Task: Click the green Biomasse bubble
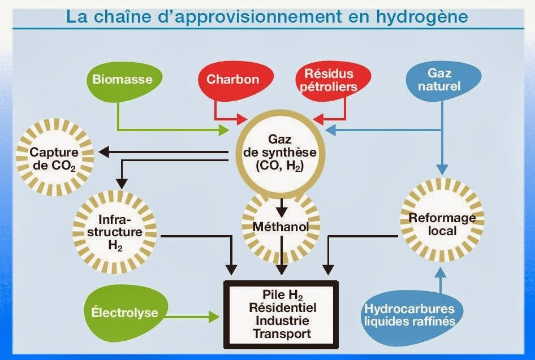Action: (x=122, y=80)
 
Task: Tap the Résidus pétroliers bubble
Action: (x=328, y=80)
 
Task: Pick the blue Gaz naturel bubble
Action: (x=443, y=80)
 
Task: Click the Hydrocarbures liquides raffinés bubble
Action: (x=409, y=315)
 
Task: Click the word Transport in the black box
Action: (x=282, y=333)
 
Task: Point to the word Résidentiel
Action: (x=282, y=308)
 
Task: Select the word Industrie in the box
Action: (x=282, y=320)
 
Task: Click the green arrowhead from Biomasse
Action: (x=224, y=130)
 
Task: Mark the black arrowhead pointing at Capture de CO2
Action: (x=104, y=152)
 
